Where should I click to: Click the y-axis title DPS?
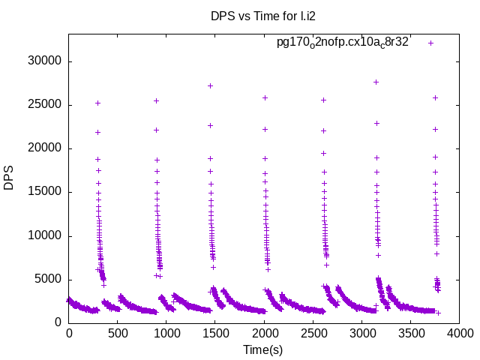click(x=9, y=178)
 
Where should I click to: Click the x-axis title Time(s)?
click(x=262, y=349)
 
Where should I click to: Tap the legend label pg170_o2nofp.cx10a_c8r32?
click(x=342, y=42)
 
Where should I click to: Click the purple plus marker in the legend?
click(x=430, y=43)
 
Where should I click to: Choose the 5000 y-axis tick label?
click(x=49, y=280)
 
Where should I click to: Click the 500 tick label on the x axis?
click(x=118, y=332)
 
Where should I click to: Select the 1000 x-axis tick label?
click(x=166, y=332)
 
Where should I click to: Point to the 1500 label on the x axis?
click(x=215, y=332)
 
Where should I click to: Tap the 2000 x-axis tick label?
click(x=264, y=332)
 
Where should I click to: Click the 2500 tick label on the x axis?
click(x=313, y=332)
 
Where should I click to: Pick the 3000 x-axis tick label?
click(x=361, y=332)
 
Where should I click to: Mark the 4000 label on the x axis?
click(x=459, y=332)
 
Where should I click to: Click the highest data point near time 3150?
click(x=376, y=82)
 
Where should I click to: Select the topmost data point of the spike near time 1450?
click(x=210, y=85)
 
